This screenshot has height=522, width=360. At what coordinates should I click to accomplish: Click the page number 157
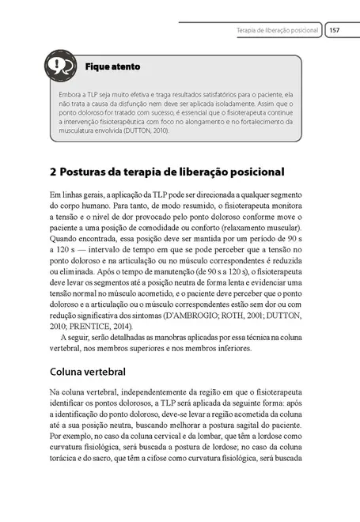point(334,30)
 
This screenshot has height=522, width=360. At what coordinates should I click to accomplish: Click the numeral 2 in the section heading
point(52,172)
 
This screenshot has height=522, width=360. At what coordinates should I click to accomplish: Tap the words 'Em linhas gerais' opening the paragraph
point(80,195)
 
